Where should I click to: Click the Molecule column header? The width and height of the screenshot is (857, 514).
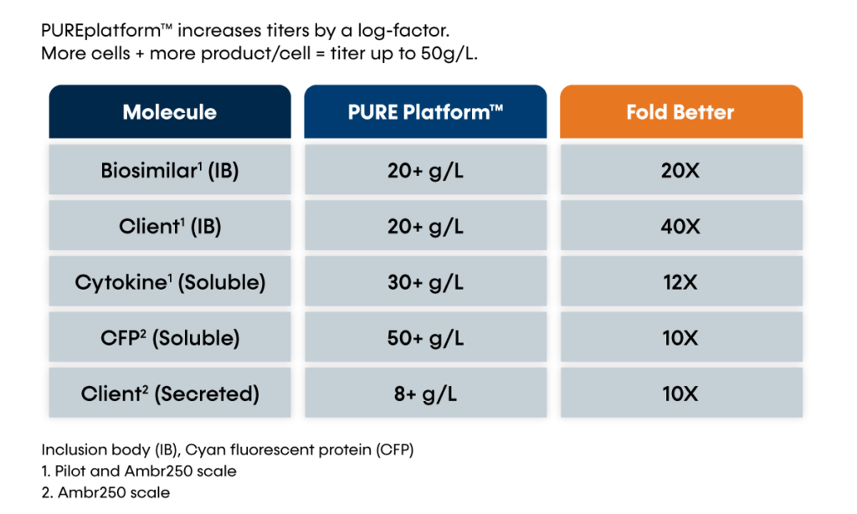[x=169, y=112]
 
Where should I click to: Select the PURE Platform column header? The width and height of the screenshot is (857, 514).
[x=425, y=112]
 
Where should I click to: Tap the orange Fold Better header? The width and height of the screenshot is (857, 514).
[x=680, y=112]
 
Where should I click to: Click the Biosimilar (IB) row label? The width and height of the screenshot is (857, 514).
[x=169, y=171]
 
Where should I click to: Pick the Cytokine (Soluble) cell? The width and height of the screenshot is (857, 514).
[x=169, y=282]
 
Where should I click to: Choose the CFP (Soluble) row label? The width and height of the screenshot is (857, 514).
[x=169, y=338]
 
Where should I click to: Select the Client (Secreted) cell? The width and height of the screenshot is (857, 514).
[x=169, y=393]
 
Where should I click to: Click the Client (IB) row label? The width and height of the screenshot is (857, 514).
[x=169, y=226]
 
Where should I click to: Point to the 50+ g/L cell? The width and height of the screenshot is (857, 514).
[x=425, y=338]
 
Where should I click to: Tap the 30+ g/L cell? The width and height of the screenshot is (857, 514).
[x=425, y=282]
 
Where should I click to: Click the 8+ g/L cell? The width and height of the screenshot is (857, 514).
[x=425, y=393]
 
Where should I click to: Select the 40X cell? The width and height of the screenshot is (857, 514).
[x=680, y=226]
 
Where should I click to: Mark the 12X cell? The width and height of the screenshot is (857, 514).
[x=680, y=282]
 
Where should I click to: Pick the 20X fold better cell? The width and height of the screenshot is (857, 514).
[x=680, y=171]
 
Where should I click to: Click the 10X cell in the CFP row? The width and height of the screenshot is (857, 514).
[x=680, y=338]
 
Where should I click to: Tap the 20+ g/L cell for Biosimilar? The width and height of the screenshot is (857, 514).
[x=425, y=171]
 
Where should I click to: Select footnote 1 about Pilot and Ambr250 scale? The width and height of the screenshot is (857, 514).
[x=138, y=471]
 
